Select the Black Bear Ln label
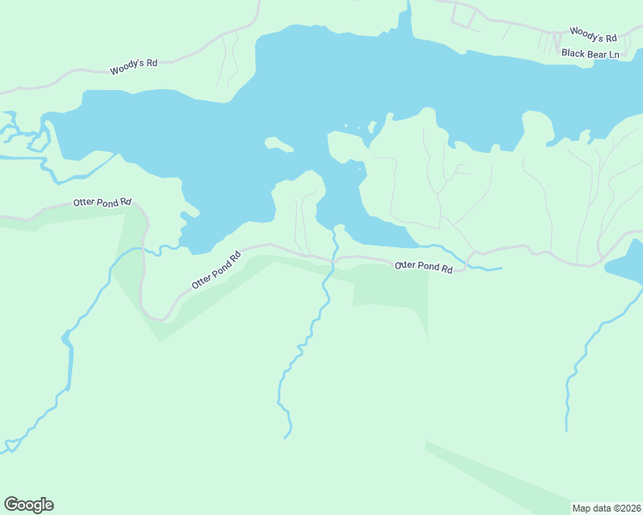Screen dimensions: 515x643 tap(590, 54)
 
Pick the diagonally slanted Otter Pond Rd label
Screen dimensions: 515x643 tap(216, 270)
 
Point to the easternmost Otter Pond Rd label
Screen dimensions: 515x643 tap(423, 267)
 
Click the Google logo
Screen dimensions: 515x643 tap(28, 505)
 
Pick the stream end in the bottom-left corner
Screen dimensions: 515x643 tap(9, 446)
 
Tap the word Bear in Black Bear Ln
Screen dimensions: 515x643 tap(591, 54)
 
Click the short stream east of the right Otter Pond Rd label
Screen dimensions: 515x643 tap(486, 269)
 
